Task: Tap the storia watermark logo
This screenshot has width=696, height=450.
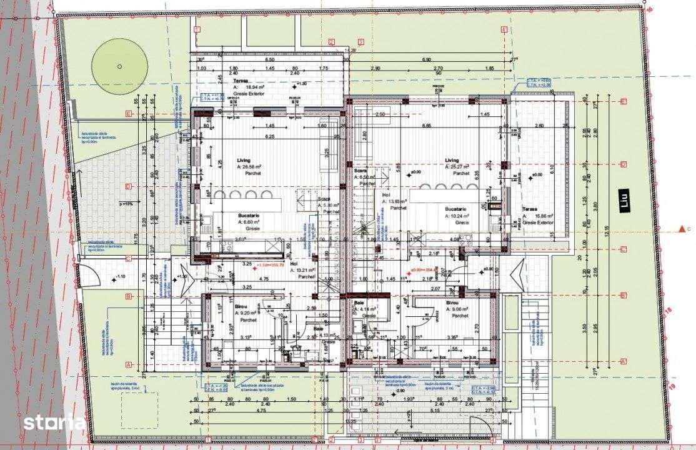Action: (x=54, y=422)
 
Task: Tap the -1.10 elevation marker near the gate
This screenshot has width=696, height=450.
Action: (x=119, y=277)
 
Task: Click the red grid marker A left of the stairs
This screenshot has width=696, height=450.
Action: (x=128, y=364)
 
